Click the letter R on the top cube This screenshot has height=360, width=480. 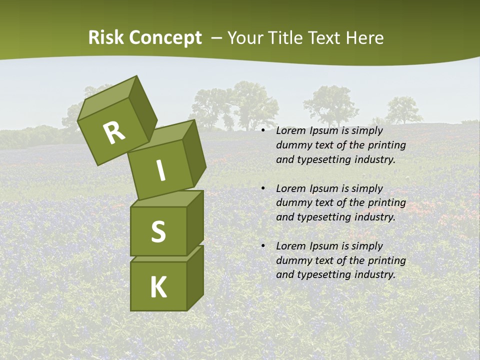(114, 132)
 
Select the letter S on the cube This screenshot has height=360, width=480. (158, 231)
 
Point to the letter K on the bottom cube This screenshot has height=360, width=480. (158, 287)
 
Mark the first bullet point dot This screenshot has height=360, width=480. (263, 131)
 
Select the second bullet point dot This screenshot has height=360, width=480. (263, 188)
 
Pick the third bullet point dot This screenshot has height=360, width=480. (263, 246)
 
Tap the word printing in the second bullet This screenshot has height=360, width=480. (386, 203)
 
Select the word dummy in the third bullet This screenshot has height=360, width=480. (291, 260)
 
